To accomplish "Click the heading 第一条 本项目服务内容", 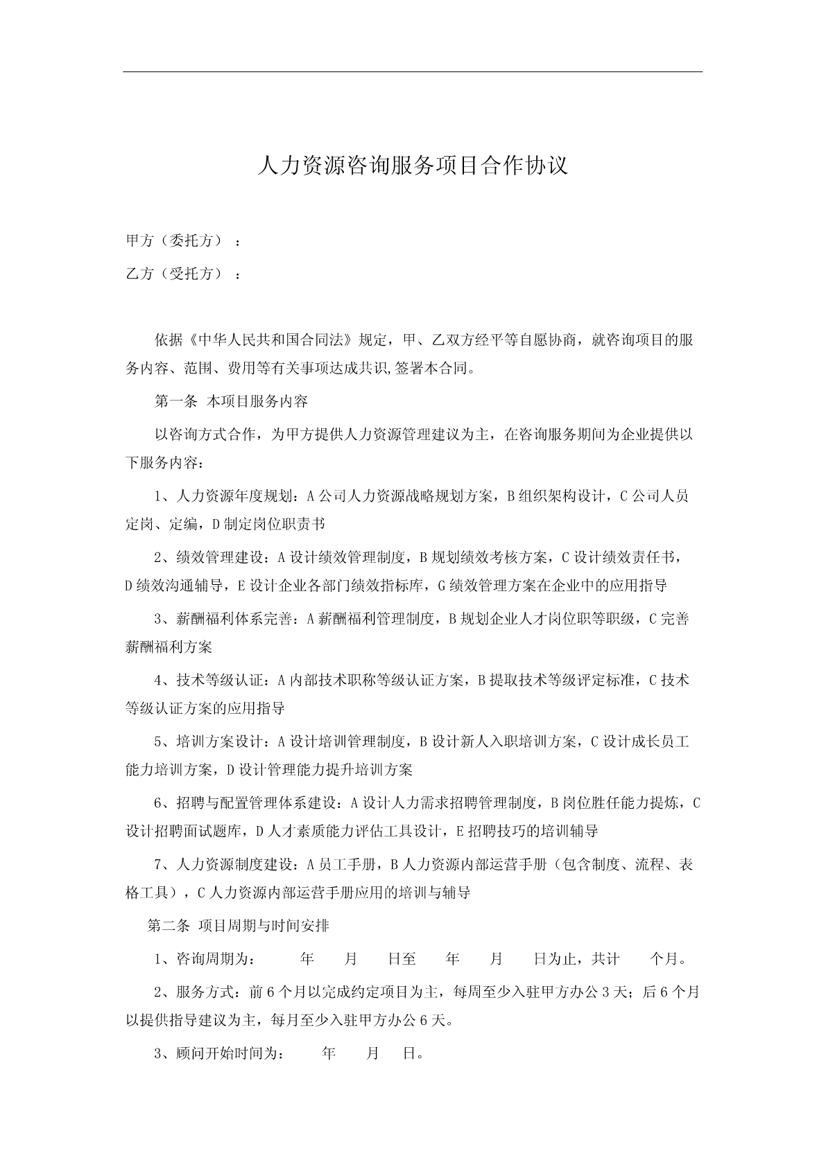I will [230, 401].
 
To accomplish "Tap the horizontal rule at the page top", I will [413, 71].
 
